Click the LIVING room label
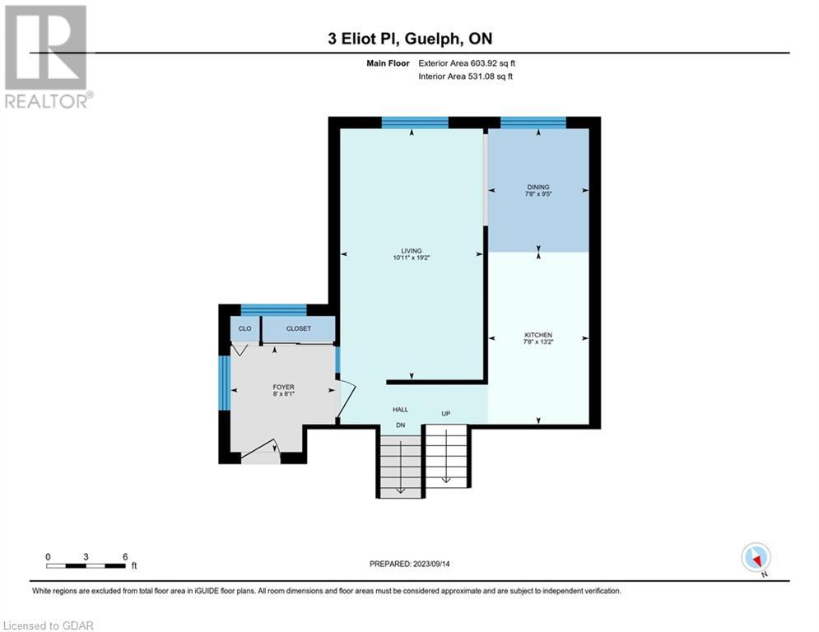(411, 251)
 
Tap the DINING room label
(538, 187)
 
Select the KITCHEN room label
(538, 335)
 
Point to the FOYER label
(284, 387)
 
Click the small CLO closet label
(244, 328)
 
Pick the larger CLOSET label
(298, 328)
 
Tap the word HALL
(401, 410)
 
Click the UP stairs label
(445, 414)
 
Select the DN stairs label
(401, 425)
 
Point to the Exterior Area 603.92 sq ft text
(467, 63)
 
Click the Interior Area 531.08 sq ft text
(465, 77)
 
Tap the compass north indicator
(756, 559)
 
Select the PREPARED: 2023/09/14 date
(410, 564)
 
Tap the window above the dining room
(533, 123)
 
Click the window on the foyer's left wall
(224, 383)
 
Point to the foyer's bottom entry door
(261, 453)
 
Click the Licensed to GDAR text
(48, 625)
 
